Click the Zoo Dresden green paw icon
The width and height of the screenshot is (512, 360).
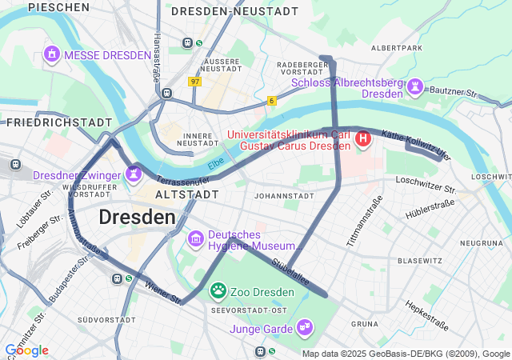tap(218, 290)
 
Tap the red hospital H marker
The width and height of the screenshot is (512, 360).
tap(363, 140)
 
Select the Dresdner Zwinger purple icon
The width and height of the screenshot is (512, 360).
tap(133, 173)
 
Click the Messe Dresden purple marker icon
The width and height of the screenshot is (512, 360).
tap(52, 54)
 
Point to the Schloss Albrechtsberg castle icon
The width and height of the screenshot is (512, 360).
tap(415, 86)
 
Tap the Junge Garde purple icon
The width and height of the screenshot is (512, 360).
tap(304, 326)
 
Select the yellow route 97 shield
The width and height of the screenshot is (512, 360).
tap(195, 82)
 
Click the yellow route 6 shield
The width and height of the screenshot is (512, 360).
tap(272, 100)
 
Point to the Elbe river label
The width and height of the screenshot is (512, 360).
tap(215, 164)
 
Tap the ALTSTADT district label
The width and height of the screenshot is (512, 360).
tap(186, 194)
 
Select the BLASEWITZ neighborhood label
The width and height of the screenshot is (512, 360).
tap(420, 261)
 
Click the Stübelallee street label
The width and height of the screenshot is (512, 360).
tap(290, 272)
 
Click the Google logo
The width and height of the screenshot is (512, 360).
tap(26, 350)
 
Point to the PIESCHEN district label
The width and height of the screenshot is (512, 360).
tap(58, 7)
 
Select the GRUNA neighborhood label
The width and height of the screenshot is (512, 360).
tap(364, 324)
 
